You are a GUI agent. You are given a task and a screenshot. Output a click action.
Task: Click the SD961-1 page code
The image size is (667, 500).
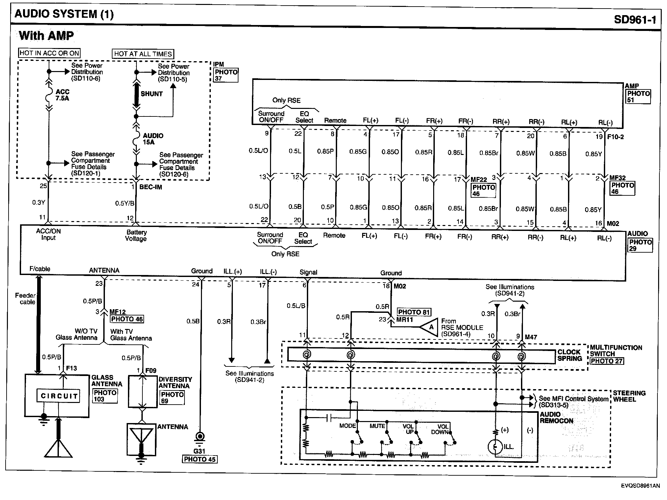(635, 20)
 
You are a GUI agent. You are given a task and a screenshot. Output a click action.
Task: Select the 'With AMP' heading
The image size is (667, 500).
(46, 36)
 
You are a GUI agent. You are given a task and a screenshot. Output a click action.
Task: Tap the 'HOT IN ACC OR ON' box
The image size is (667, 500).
(49, 53)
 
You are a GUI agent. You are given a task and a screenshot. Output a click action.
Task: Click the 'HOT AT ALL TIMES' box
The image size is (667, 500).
(143, 54)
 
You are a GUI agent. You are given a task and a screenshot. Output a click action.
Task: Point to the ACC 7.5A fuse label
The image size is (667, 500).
(62, 95)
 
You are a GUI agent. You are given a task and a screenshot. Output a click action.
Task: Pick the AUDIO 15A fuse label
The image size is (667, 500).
(153, 139)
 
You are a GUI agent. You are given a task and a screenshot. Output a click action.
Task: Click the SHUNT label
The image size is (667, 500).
(152, 94)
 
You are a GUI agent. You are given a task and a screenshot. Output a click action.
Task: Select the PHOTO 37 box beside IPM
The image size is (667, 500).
(226, 75)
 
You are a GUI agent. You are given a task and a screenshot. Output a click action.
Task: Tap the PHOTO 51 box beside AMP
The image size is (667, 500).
(638, 97)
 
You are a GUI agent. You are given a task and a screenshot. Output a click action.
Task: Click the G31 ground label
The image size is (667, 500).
(199, 451)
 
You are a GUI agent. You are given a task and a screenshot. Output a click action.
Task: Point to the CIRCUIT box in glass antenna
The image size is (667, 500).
(59, 396)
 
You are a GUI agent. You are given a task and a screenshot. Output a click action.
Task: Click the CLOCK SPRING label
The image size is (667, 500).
(570, 355)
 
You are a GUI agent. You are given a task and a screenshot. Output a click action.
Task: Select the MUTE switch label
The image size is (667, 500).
(377, 426)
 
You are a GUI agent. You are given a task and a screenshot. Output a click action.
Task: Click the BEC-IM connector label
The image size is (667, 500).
(151, 187)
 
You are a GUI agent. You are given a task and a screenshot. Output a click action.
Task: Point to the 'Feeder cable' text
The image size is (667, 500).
(26, 299)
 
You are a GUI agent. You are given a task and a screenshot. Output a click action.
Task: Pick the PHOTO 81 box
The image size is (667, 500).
(414, 312)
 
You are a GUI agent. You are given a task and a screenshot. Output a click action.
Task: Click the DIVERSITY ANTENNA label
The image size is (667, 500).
(175, 383)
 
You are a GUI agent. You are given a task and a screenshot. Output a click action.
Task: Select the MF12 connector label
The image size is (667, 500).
(118, 312)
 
